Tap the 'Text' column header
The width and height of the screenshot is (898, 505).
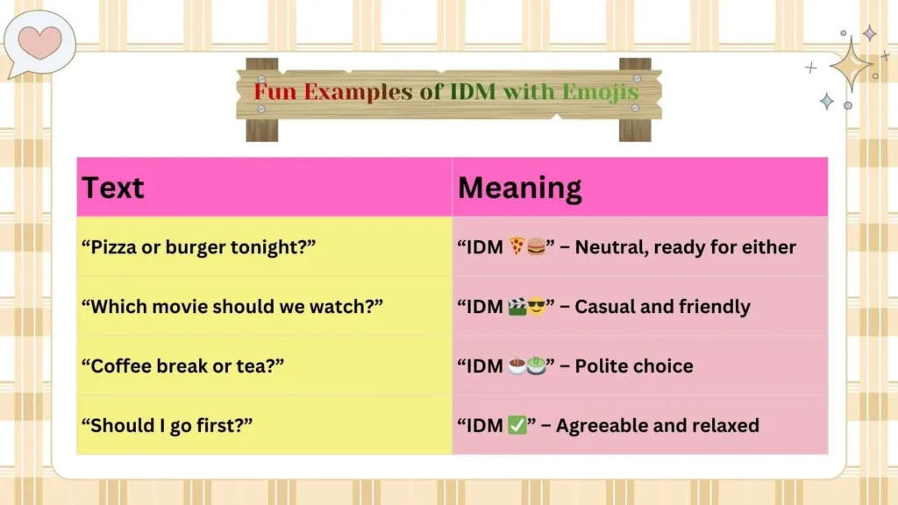point(113,188)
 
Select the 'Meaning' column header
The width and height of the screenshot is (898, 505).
point(519,188)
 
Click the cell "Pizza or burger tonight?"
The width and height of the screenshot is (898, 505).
point(197,247)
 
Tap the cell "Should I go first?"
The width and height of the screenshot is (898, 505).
point(167,426)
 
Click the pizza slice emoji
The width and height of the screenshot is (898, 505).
point(517,247)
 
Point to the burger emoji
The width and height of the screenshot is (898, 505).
point(536,247)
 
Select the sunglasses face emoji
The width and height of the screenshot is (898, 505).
point(536,307)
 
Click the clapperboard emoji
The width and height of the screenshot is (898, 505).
point(517,307)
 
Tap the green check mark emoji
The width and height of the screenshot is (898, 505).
point(517,426)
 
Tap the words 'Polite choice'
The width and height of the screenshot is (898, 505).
point(634,366)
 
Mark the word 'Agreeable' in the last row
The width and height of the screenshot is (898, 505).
point(601,426)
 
